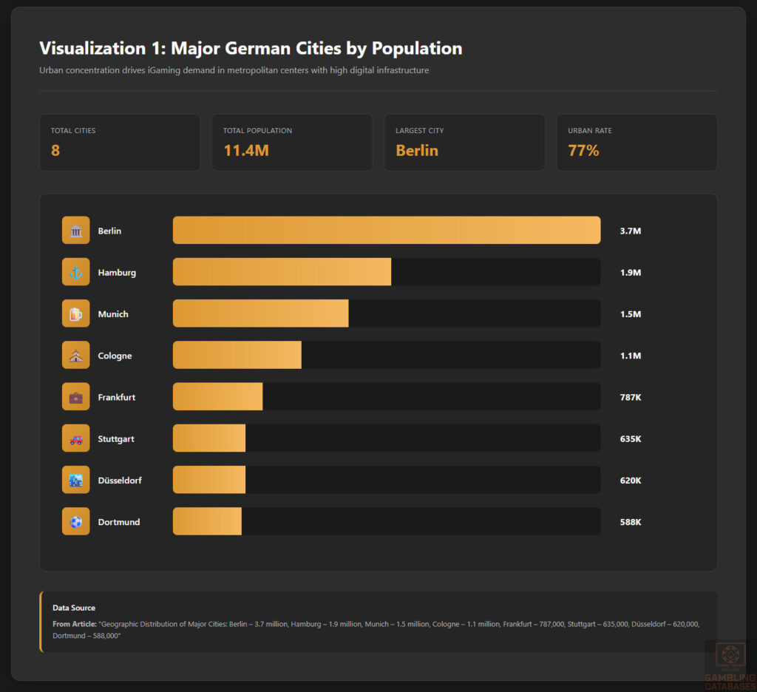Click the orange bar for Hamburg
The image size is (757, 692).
click(282, 272)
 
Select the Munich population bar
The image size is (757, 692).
click(260, 313)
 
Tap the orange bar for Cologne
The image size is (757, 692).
click(237, 355)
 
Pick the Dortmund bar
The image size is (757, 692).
click(207, 521)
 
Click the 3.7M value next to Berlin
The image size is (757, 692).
click(630, 231)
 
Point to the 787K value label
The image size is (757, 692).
click(630, 397)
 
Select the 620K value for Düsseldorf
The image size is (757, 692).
click(630, 480)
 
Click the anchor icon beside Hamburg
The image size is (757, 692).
click(75, 272)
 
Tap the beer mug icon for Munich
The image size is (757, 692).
click(75, 313)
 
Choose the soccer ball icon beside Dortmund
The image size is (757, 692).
click(75, 521)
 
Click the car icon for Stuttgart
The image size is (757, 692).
click(75, 438)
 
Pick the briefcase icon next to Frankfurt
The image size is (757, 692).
click(75, 397)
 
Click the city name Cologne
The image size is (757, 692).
click(115, 356)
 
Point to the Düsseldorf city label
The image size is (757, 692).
click(120, 480)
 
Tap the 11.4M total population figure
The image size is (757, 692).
click(245, 151)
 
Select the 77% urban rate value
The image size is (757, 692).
click(583, 151)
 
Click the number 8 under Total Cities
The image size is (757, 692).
click(55, 151)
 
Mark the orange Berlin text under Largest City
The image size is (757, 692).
click(417, 151)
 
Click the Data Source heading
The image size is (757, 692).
click(74, 608)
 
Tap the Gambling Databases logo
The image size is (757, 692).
click(730, 663)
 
